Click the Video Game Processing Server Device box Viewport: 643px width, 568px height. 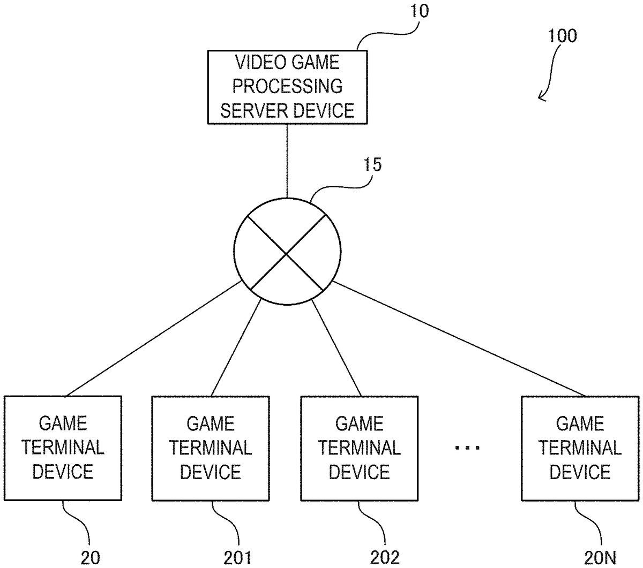click(288, 87)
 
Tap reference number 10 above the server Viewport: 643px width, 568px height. click(420, 11)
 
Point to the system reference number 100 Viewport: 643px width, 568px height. click(562, 36)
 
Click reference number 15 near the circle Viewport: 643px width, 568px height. click(372, 164)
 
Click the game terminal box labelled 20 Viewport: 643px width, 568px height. click(63, 448)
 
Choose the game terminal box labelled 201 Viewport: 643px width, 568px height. click(211, 448)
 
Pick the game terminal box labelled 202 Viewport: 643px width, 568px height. click(359, 448)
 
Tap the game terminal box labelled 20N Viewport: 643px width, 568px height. click(580, 448)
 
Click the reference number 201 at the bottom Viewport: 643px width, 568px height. click(237, 557)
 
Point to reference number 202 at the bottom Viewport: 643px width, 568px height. click(385, 557)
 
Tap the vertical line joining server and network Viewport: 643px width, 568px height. click(288, 161)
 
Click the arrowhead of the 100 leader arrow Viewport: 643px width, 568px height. click(541, 98)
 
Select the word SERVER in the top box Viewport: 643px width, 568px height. click(253, 110)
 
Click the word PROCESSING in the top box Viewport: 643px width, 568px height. click(288, 86)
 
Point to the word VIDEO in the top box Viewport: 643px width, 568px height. click(256, 63)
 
